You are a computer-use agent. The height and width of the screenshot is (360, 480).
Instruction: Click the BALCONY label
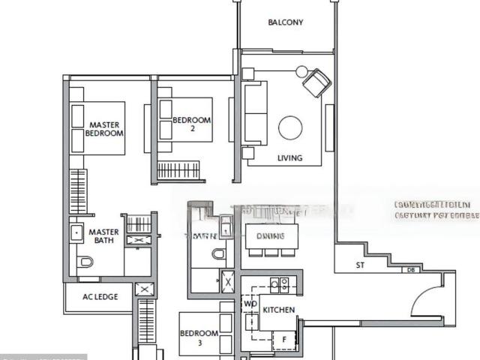point(286,22)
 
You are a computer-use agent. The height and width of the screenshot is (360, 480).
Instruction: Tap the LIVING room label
point(290,158)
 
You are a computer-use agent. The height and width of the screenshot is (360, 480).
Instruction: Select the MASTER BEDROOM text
point(104,129)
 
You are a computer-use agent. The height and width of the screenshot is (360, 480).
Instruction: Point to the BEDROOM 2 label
point(192,124)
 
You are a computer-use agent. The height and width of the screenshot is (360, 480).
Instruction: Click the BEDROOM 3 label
point(199,337)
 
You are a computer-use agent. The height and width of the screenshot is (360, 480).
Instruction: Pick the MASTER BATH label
point(104,236)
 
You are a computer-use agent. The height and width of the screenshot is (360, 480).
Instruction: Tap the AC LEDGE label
point(99,297)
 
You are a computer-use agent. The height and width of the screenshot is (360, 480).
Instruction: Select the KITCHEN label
point(278,310)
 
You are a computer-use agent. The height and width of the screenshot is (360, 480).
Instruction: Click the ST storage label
point(361,265)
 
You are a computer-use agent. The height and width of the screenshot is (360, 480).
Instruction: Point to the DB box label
point(410,270)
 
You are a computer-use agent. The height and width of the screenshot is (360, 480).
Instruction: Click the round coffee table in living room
point(290,128)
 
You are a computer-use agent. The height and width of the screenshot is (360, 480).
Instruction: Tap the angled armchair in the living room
point(316,82)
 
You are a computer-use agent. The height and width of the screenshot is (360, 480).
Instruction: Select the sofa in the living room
point(255,113)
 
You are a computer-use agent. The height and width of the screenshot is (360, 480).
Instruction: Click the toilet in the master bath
point(85,262)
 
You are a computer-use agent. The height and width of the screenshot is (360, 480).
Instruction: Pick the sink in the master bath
point(76,232)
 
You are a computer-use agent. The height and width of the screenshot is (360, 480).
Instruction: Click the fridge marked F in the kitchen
point(283,339)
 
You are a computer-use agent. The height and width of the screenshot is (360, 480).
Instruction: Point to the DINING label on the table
point(270,236)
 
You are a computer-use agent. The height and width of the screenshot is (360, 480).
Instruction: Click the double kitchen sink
point(280,284)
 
